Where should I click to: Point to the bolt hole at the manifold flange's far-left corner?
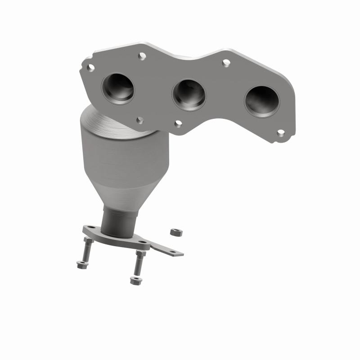pos(90,68)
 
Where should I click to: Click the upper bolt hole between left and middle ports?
pos(142,56)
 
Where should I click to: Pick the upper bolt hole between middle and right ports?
pos(226,63)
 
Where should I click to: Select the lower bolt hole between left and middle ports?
pos(140,120)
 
